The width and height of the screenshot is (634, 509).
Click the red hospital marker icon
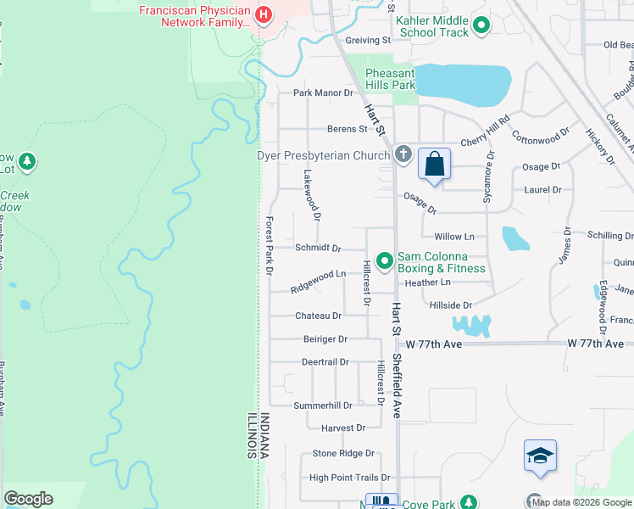(264, 15)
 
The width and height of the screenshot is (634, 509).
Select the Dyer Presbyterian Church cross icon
(403, 155)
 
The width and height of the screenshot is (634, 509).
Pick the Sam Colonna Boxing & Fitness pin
(384, 260)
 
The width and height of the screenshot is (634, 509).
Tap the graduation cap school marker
(540, 456)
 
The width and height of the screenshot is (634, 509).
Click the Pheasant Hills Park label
(391, 80)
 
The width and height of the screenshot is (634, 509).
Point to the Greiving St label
(367, 40)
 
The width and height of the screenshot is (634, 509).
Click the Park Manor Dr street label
(323, 92)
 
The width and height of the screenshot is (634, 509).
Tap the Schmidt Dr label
(318, 249)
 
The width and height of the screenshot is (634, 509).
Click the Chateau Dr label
(319, 316)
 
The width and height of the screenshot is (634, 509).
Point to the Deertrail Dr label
(325, 362)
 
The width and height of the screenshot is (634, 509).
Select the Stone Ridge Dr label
(343, 454)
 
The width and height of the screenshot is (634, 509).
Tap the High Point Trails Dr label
(349, 478)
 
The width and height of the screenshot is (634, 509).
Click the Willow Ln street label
(454, 237)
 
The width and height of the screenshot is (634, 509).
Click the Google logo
(28, 499)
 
